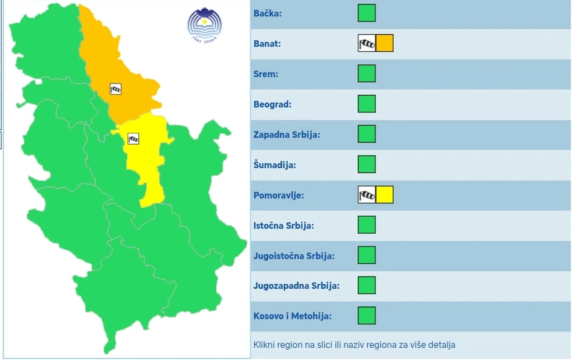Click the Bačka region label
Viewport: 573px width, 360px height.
coord(268,13)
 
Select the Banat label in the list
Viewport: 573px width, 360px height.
coord(267,44)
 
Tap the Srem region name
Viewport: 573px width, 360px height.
coord(266,74)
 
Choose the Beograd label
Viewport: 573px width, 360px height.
coord(272,104)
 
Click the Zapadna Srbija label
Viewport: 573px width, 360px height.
coord(286,135)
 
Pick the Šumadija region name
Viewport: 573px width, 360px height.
coord(274,164)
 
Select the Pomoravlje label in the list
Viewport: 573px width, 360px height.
coord(279,196)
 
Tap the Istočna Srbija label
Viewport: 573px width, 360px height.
coord(283,225)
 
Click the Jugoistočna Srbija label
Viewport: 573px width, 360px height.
coord(294,256)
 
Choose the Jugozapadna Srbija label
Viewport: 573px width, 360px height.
coord(296,286)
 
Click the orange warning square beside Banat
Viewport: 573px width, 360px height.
coord(385,43)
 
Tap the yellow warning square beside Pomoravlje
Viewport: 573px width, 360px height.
coord(385,195)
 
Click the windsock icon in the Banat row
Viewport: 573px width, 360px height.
coord(367,43)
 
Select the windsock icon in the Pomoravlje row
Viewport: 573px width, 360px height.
coord(367,195)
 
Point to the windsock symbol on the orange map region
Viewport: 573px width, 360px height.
coord(116,89)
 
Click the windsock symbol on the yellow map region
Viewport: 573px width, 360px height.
coord(133,139)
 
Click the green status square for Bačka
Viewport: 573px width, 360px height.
coord(366,13)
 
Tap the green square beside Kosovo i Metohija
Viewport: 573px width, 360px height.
coord(366,316)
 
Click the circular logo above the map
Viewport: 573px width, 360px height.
coord(204,23)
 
